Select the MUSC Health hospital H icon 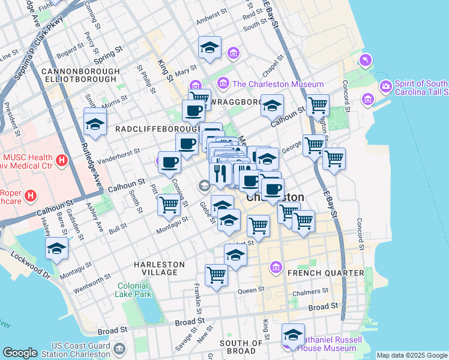(x=61, y=160)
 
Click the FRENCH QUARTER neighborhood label (x=326, y=273)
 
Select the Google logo (x=19, y=353)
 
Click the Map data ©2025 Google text (x=412, y=355)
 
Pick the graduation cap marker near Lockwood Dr (x=56, y=248)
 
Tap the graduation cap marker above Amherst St (x=209, y=47)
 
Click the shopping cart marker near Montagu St (x=169, y=205)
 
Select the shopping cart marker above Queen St (x=216, y=275)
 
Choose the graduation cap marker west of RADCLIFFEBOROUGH (x=95, y=124)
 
